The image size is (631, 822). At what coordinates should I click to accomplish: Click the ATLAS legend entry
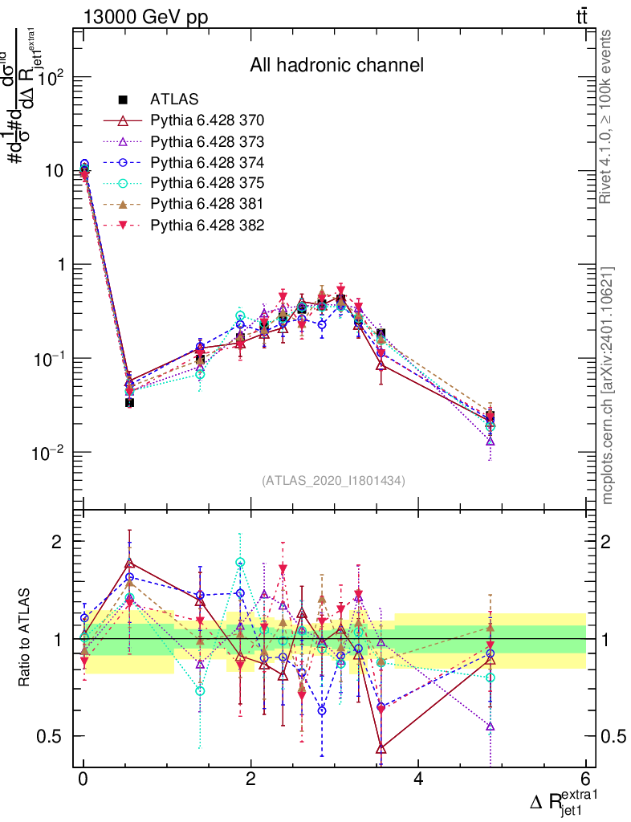coord(169,100)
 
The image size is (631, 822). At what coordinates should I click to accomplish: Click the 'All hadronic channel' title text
coord(336,64)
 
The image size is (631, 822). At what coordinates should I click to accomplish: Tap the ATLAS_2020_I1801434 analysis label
coord(333,481)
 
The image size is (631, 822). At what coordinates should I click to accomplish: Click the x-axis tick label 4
coord(418,779)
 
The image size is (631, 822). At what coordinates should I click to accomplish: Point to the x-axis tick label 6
coord(585,779)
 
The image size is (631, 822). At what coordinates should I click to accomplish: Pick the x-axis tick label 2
coord(250,779)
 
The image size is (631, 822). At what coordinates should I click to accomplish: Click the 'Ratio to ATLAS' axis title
coord(26,639)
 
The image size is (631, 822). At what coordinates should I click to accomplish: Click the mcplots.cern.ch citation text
coord(608,386)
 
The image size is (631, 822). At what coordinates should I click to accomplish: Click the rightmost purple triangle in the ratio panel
coord(490,726)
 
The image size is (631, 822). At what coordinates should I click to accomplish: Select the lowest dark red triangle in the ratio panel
coord(381,749)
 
